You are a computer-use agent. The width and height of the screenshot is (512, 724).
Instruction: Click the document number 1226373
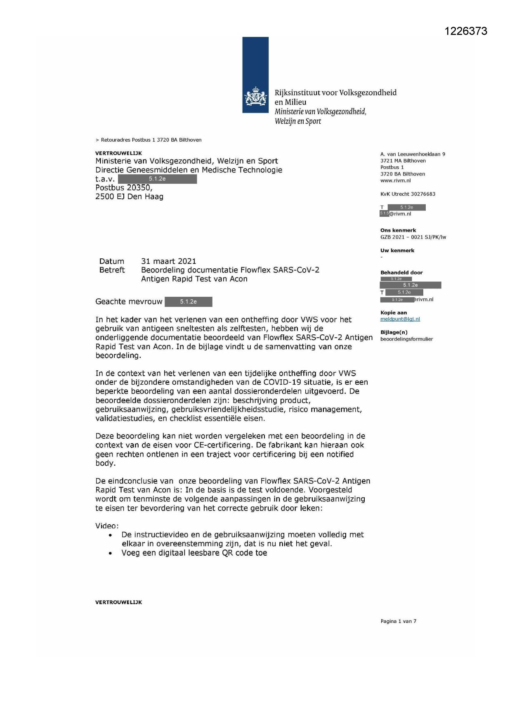(x=466, y=31)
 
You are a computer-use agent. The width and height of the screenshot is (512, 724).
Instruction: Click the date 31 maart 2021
(x=168, y=261)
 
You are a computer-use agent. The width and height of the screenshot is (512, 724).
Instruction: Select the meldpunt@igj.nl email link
(x=400, y=319)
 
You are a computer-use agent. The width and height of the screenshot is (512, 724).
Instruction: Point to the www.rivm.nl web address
(x=395, y=180)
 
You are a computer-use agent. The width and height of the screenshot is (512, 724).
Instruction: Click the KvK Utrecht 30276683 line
(x=408, y=194)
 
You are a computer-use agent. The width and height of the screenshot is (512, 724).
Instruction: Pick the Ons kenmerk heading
(x=398, y=230)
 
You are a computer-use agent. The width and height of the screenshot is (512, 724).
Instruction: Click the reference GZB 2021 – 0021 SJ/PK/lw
(x=413, y=237)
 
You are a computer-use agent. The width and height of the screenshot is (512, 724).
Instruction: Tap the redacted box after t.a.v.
(x=157, y=179)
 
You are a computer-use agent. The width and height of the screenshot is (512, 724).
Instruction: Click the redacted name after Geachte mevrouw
(x=188, y=302)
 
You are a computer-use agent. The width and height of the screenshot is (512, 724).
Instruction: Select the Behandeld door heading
(x=401, y=272)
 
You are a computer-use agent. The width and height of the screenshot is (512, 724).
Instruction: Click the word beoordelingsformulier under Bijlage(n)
(x=406, y=339)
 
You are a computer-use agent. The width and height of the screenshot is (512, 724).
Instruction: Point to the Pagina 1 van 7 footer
(x=398, y=621)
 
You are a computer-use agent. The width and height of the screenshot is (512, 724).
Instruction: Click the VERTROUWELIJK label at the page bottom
(x=118, y=602)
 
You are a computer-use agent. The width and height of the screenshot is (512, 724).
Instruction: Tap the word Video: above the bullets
(x=107, y=526)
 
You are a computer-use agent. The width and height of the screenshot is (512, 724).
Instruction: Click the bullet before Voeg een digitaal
(x=110, y=554)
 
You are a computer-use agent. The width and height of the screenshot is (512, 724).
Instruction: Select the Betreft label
(x=112, y=270)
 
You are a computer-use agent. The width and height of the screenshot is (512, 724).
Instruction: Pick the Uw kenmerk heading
(x=397, y=251)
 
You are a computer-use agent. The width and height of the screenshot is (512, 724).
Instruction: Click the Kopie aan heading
(x=394, y=312)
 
